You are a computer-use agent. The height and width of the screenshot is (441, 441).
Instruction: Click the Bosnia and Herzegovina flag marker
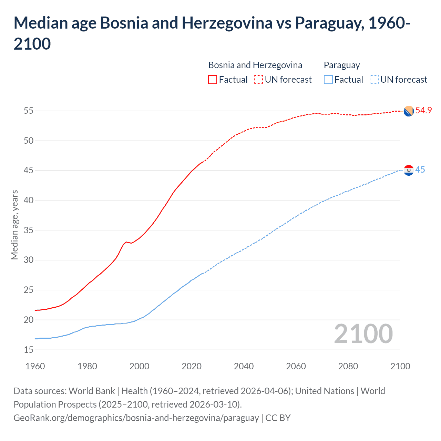click(x=409, y=111)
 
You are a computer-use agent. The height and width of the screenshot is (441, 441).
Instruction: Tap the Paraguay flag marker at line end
click(x=409, y=170)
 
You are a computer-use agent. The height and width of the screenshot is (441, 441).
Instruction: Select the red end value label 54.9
click(x=423, y=110)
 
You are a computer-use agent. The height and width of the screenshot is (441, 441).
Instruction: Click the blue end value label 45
click(x=420, y=170)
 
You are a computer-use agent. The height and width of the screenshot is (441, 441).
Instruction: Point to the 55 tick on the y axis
click(x=29, y=111)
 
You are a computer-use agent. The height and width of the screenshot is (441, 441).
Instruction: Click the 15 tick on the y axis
click(x=29, y=350)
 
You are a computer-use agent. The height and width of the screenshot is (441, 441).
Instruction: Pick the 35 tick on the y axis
click(x=29, y=230)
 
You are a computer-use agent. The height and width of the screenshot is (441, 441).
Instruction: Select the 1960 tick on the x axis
click(x=35, y=366)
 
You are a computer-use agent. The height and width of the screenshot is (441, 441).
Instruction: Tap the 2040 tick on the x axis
click(x=244, y=366)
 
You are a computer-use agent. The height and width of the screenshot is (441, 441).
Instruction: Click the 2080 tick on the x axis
click(x=348, y=366)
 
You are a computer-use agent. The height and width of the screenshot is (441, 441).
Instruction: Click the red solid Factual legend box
click(x=213, y=80)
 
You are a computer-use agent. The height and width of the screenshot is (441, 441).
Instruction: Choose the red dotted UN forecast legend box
click(x=258, y=80)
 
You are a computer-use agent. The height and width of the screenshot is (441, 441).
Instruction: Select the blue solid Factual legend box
click(x=328, y=80)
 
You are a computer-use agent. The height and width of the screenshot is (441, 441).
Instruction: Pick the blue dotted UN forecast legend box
click(x=374, y=80)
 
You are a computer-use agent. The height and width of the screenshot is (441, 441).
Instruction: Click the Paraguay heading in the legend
click(x=341, y=65)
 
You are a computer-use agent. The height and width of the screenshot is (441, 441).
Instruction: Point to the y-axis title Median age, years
click(x=14, y=225)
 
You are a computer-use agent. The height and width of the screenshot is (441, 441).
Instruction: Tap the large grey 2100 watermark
click(x=363, y=334)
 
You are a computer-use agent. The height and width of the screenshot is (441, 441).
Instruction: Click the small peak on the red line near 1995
click(x=126, y=242)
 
